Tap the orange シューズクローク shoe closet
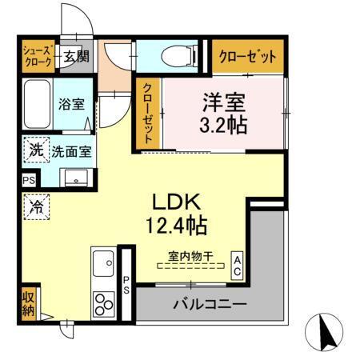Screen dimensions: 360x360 [x=36, y=56]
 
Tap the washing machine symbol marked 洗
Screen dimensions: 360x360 [x=36, y=149]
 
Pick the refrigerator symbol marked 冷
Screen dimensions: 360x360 [x=37, y=206]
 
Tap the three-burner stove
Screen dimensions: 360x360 [x=104, y=305]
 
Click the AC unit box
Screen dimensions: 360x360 [x=238, y=266]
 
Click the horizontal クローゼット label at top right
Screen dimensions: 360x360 [x=246, y=57]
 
